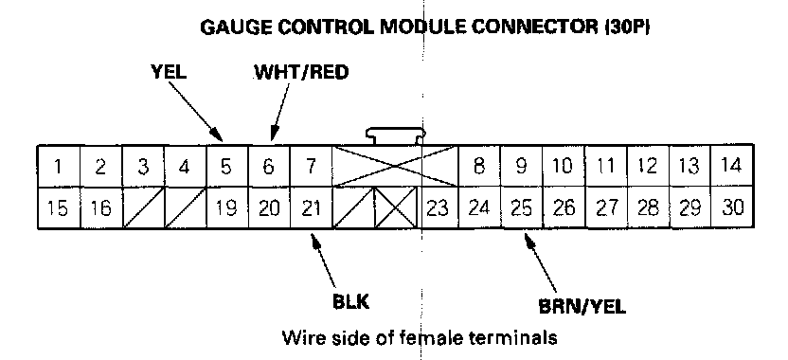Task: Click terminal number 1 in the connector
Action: point(59,167)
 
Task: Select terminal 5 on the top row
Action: point(226,167)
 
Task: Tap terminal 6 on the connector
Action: point(269,167)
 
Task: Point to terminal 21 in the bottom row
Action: point(311,208)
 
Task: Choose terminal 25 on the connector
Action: point(521,208)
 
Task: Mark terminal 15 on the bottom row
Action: point(59,208)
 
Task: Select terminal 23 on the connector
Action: point(438,208)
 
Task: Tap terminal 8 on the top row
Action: point(479,167)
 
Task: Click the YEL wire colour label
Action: point(169,72)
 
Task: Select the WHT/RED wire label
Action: point(301,72)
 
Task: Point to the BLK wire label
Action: point(351,302)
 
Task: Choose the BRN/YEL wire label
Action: point(582,306)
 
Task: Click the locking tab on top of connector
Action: point(396,135)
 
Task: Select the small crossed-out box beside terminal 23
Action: point(396,208)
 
